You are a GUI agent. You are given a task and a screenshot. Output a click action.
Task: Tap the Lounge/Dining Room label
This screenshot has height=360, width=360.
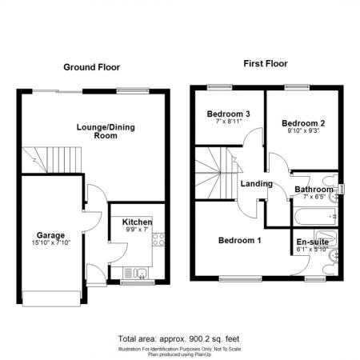[97, 131]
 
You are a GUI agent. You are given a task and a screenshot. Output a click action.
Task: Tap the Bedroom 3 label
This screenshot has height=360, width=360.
[229, 114]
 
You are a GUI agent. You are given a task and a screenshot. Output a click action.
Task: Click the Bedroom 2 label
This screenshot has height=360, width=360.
[304, 123]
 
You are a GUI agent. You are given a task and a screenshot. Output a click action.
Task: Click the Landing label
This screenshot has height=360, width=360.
[257, 184]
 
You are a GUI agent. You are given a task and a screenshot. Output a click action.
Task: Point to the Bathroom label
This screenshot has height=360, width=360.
[313, 190]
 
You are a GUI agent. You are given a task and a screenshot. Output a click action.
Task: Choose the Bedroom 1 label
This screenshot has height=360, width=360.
[239, 241]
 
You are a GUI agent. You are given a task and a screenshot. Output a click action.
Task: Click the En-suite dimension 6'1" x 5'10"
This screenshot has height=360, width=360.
[313, 249]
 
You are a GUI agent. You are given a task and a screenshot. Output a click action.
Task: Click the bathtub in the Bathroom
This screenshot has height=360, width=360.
[313, 215]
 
